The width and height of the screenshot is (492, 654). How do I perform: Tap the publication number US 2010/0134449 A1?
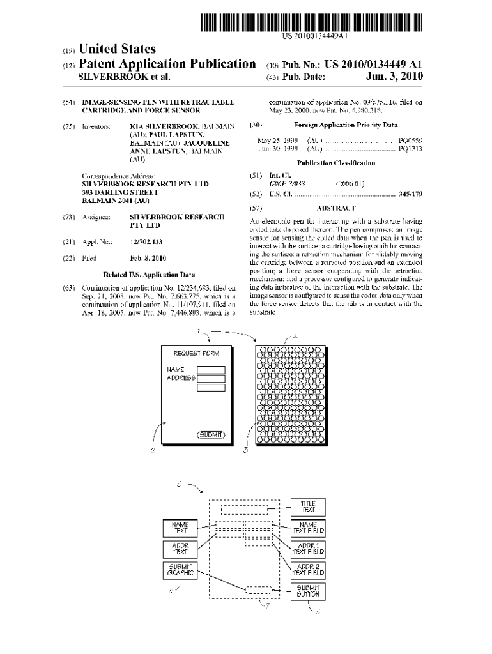pyautogui.click(x=374, y=65)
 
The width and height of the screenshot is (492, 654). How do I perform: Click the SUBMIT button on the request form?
pyautogui.click(x=211, y=435)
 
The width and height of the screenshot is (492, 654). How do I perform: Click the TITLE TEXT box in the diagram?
pyautogui.click(x=308, y=507)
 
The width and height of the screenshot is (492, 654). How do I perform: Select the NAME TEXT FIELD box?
pyautogui.click(x=308, y=528)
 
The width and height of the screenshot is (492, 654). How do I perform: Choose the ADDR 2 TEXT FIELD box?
pyautogui.click(x=308, y=570)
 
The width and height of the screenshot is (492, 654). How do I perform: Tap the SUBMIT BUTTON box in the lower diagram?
pyautogui.click(x=308, y=591)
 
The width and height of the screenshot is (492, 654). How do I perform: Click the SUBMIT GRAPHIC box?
pyautogui.click(x=180, y=570)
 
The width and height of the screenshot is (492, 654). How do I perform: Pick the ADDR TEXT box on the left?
pyautogui.click(x=180, y=549)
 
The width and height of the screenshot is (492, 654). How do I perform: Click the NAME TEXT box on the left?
pyautogui.click(x=180, y=528)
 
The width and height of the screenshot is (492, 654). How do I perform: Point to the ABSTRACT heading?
pyautogui.click(x=336, y=208)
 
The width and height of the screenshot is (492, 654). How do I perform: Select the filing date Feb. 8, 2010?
pyautogui.click(x=148, y=259)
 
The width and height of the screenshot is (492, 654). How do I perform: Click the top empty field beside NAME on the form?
pyautogui.click(x=211, y=369)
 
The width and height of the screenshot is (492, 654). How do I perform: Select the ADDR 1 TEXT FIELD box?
pyautogui.click(x=308, y=549)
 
